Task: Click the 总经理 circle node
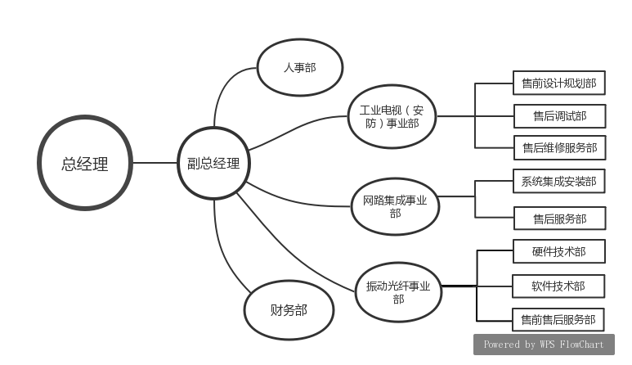85,164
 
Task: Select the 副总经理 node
214,164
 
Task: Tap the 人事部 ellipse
299,68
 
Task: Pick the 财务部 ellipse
289,310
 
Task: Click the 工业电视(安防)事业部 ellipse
391,116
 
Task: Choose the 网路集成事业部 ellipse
395,205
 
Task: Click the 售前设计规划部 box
558,83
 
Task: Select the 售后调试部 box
559,116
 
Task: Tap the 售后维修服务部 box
559,148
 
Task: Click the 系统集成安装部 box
558,181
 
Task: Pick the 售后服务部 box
559,219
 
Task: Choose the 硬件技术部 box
558,251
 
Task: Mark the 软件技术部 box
558,286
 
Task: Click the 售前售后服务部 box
558,318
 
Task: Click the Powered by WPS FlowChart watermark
543,345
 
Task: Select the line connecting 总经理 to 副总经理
155,163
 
